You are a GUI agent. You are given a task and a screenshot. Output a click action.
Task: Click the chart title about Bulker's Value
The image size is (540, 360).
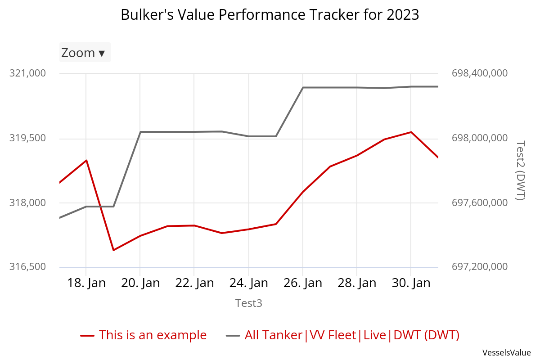pos(270,15)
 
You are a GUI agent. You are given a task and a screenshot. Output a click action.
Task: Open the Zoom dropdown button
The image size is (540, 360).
pos(85,53)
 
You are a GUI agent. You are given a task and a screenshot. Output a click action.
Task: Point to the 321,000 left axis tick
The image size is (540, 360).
pos(27,73)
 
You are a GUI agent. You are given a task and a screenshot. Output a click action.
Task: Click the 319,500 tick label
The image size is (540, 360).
pos(27,138)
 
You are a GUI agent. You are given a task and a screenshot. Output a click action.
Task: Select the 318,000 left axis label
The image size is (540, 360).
pos(27,203)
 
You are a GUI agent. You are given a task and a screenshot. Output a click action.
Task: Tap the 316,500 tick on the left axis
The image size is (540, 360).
pos(27,267)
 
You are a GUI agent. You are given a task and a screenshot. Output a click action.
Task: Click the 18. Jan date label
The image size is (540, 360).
pos(86,283)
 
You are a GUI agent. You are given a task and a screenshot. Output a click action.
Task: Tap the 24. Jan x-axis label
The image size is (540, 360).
pos(249,283)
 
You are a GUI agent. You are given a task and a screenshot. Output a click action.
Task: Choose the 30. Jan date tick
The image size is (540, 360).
pos(411,283)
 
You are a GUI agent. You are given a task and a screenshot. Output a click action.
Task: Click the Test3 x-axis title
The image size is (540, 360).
pos(249,303)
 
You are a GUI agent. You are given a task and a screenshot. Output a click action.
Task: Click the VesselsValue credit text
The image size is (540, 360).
pos(507,352)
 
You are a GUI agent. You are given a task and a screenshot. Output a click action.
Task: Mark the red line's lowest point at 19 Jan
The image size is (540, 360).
pos(113,250)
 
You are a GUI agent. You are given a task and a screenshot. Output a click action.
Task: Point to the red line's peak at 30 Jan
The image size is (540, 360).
pos(411,132)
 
